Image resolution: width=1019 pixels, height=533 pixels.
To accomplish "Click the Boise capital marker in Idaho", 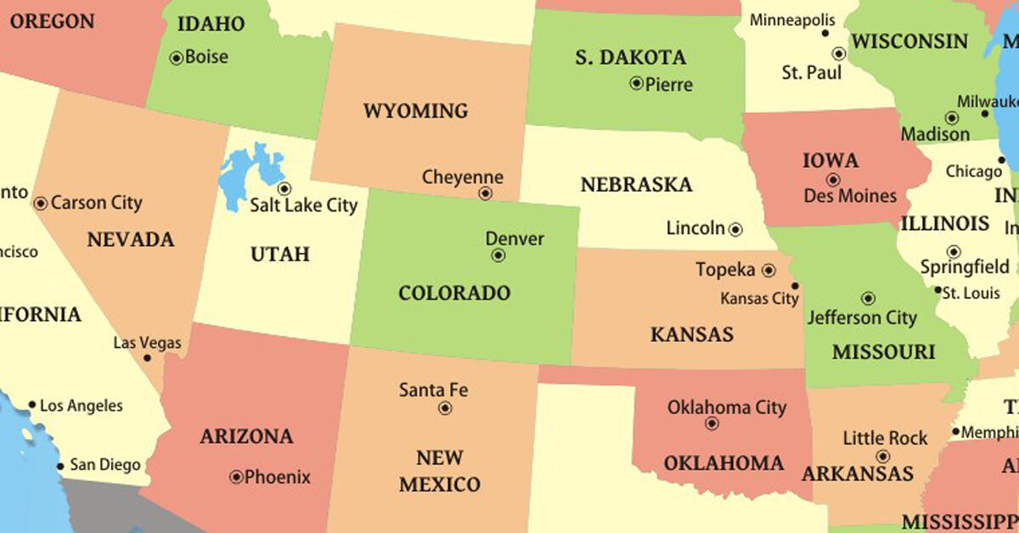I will pos(177,59).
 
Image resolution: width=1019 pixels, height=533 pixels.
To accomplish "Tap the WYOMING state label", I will pos(415,111).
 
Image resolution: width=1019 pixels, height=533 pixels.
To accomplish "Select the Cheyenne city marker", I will pos(485,194).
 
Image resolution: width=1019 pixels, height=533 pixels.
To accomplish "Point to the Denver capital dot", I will pos(498,255).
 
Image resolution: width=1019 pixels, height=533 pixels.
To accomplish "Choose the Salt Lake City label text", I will pos(304,205).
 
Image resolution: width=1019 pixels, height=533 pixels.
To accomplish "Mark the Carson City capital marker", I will pos(40,204).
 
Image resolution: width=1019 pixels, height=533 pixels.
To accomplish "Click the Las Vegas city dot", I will pos(147,358).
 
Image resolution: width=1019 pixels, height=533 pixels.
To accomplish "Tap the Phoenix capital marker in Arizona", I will pos(236,477).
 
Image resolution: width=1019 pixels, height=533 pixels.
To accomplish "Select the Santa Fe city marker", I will pos(445,408).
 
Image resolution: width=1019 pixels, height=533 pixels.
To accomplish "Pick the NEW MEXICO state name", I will pos(439,472).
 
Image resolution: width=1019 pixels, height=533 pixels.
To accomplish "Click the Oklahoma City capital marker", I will pos(712,424).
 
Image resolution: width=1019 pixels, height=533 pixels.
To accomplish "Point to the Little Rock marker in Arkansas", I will pos(882,457).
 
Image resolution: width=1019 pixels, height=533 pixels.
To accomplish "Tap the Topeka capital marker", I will pos(768,271).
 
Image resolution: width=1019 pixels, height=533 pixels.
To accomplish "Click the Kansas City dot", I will pos(795,285).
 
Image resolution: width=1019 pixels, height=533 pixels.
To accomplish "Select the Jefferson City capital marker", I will pos(868,299).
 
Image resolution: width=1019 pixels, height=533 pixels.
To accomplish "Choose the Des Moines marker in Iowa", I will pos(833,180).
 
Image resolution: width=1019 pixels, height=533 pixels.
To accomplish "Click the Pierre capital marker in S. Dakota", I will pos(636,83).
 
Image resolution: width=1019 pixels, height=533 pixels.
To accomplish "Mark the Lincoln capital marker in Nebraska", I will pos(735,229).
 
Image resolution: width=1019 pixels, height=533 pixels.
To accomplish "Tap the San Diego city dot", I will pos(60,466).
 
